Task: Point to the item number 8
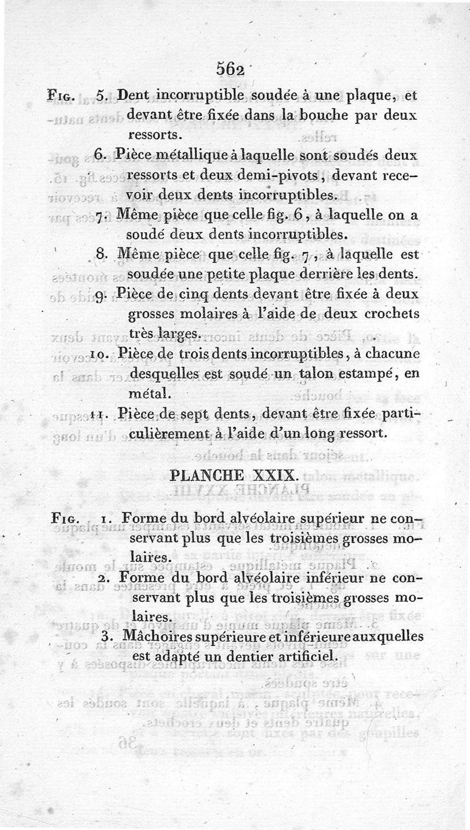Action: (100, 255)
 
